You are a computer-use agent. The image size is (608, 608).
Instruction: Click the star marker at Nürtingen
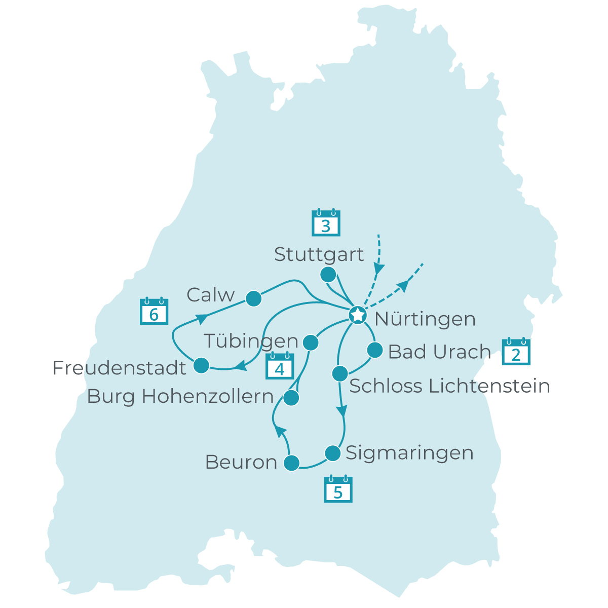(358, 315)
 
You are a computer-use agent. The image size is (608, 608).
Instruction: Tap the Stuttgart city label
(319, 254)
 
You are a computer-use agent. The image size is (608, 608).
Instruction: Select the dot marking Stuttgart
(328, 275)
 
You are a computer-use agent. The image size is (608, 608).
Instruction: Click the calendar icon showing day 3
(326, 223)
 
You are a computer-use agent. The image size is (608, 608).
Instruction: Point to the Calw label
(211, 295)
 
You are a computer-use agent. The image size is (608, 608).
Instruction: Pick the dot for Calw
(253, 299)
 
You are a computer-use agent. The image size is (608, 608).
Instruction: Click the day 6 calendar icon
(154, 311)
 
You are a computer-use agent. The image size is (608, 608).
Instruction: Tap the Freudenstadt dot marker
(201, 365)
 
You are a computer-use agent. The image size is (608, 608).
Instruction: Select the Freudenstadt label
(120, 368)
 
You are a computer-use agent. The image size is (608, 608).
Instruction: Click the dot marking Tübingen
(310, 343)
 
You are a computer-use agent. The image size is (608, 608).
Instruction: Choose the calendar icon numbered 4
(280, 366)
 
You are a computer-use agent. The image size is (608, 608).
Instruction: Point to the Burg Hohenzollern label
(180, 397)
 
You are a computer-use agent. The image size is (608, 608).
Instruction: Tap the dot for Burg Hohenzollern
(291, 398)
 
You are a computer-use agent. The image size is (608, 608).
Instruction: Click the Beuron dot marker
(291, 463)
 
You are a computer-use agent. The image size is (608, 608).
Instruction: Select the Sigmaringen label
(409, 453)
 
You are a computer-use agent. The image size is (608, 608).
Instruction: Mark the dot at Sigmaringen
(332, 453)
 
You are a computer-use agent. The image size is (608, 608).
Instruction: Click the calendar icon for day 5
(338, 489)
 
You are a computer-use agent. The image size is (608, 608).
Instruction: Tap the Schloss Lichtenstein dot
(339, 374)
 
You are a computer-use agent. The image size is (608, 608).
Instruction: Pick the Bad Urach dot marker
(374, 350)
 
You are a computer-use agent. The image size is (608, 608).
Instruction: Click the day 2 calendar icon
(516, 352)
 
